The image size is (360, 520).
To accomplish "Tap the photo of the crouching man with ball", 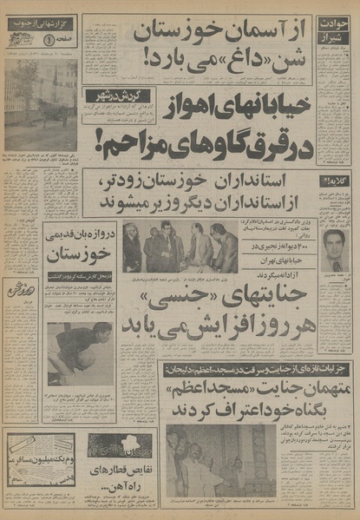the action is point(78,352).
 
